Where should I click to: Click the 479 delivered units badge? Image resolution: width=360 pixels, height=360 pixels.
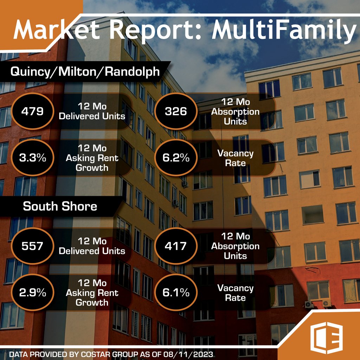click(32, 111)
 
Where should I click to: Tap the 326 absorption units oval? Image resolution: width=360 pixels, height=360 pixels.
click(176, 111)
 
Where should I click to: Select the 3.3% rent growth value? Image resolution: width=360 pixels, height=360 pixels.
click(32, 158)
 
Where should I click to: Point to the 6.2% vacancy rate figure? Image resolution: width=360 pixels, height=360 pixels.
click(176, 158)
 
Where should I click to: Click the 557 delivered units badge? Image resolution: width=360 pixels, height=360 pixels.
click(32, 246)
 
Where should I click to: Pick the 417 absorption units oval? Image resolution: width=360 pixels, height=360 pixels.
click(176, 246)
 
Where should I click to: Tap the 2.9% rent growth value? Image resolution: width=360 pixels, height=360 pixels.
click(32, 293)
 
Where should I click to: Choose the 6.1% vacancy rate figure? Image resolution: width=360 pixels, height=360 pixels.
click(176, 293)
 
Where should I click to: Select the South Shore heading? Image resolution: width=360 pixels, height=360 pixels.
click(60, 206)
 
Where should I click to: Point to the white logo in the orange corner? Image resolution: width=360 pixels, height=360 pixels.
click(327, 340)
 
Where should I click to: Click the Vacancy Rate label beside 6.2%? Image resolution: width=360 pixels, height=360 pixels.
click(235, 158)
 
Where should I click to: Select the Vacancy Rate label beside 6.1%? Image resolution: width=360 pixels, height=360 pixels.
click(235, 293)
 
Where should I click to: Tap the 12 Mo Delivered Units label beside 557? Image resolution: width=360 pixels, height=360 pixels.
click(92, 246)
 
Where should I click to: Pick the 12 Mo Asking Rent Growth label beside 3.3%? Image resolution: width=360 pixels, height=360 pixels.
click(92, 158)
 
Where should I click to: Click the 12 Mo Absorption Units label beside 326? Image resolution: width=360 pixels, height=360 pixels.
click(235, 112)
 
